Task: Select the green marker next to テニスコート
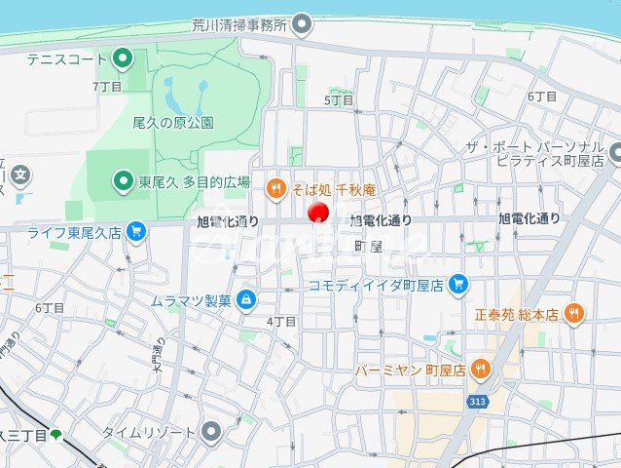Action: point(122,59)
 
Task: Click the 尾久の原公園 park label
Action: point(173,123)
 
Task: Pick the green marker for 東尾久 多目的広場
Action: point(122,180)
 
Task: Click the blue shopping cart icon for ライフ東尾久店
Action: point(136,232)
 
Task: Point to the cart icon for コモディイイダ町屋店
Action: point(459,285)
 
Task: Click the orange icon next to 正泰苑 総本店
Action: point(574,314)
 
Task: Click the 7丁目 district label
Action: point(107,86)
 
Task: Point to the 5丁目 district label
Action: point(337,99)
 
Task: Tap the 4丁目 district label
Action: point(281,321)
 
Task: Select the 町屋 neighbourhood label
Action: point(368,248)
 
